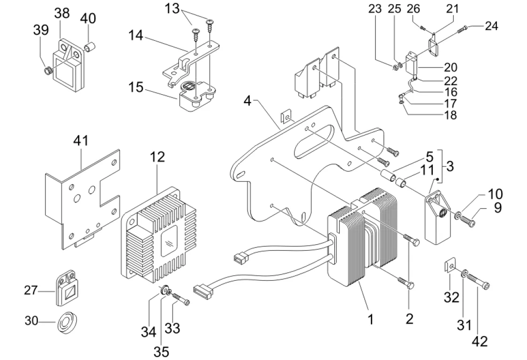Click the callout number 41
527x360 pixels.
(x=81, y=141)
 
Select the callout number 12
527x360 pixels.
(x=158, y=157)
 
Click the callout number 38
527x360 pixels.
(x=62, y=13)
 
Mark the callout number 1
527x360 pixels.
(x=370, y=320)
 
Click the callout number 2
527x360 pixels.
(x=409, y=319)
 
